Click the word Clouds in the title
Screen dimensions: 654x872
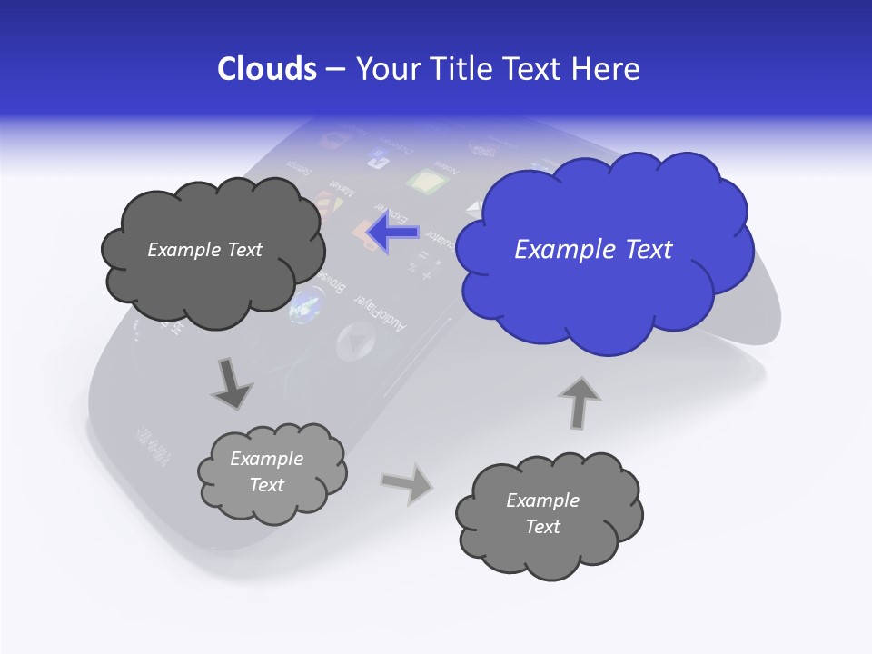(266, 69)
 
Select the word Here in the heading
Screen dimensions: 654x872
(605, 69)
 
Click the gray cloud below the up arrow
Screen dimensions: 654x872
(549, 514)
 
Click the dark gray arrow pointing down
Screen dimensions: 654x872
(232, 384)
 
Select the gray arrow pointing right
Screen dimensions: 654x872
(407, 482)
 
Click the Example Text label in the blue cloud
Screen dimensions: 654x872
(593, 250)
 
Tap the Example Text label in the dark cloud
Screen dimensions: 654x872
(204, 250)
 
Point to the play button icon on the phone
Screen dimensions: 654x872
(355, 342)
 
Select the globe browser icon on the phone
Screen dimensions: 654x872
(306, 304)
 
